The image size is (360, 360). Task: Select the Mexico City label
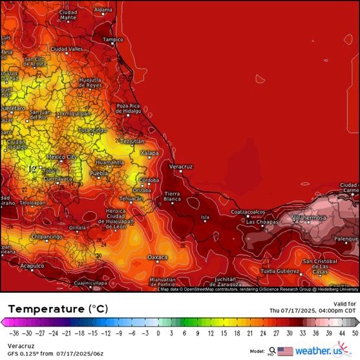pyautogui.click(x=63, y=157)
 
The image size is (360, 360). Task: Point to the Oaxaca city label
pyautogui.click(x=157, y=257)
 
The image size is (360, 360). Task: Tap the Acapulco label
pyautogui.click(x=31, y=266)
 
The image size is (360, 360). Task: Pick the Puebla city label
pyautogui.click(x=98, y=174)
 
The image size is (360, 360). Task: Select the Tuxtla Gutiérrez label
pyautogui.click(x=281, y=270)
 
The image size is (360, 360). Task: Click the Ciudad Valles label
pyautogui.click(x=67, y=49)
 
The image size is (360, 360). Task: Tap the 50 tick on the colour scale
pyautogui.click(x=355, y=334)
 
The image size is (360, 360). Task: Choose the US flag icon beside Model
pyautogui.click(x=285, y=351)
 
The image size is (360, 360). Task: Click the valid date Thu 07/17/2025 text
pyautogui.click(x=312, y=310)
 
